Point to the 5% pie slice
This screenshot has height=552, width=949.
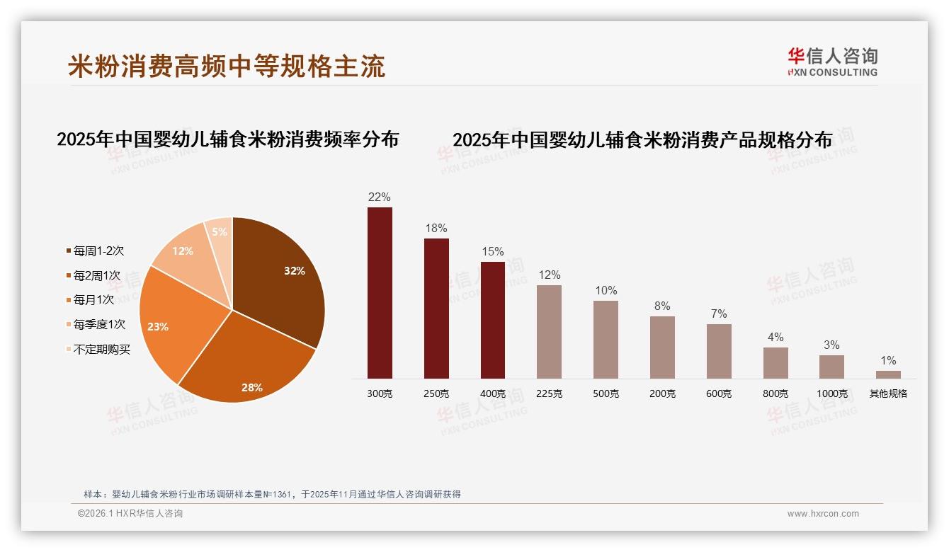pyautogui.click(x=220, y=234)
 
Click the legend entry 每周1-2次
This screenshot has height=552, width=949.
pyautogui.click(x=98, y=251)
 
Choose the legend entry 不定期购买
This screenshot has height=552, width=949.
pyautogui.click(x=101, y=350)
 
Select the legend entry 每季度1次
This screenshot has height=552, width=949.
pyautogui.click(x=98, y=325)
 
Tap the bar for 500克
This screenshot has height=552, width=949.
pyautogui.click(x=606, y=340)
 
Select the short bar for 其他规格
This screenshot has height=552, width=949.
pyautogui.click(x=888, y=374)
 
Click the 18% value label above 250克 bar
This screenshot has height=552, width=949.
pyautogui.click(x=436, y=229)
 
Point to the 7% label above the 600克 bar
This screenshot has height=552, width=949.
pyautogui.click(x=719, y=314)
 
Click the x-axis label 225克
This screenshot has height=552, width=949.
pyautogui.click(x=550, y=393)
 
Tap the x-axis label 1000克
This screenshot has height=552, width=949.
pyautogui.click(x=832, y=393)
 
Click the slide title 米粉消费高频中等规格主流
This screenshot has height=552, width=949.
pyautogui.click(x=227, y=66)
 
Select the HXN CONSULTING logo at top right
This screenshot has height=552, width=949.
pyautogui.click(x=832, y=62)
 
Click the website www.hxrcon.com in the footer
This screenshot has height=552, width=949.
pyautogui.click(x=823, y=514)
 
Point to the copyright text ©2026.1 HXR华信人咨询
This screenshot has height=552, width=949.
pyautogui.click(x=130, y=514)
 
